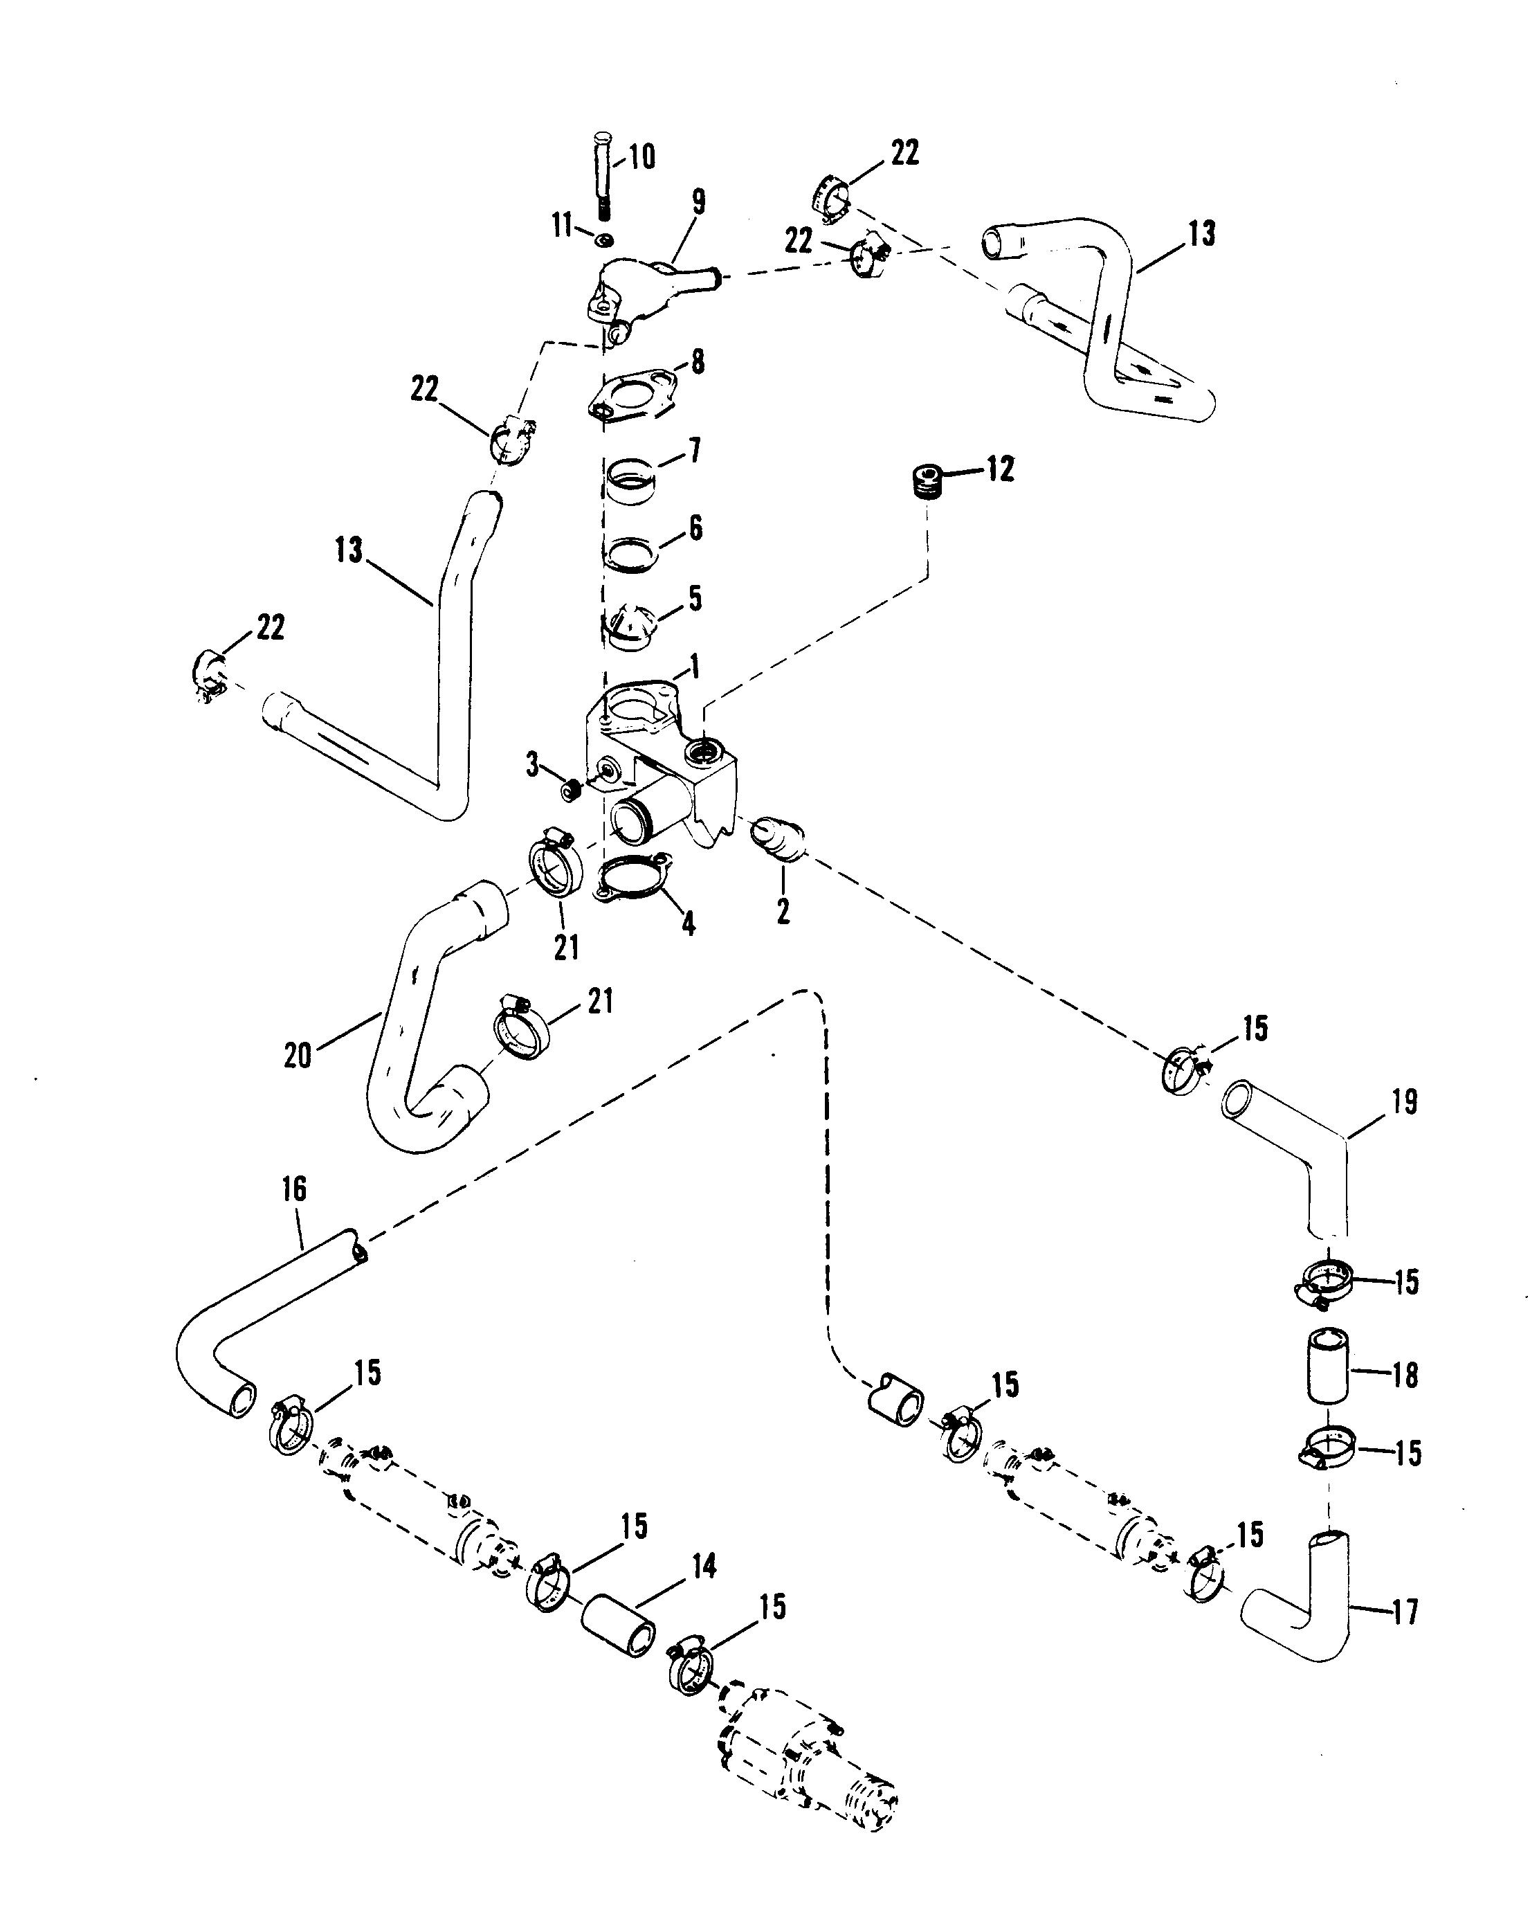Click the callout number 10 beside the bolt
click(x=641, y=158)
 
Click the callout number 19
click(x=1405, y=1102)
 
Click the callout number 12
click(x=1001, y=469)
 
